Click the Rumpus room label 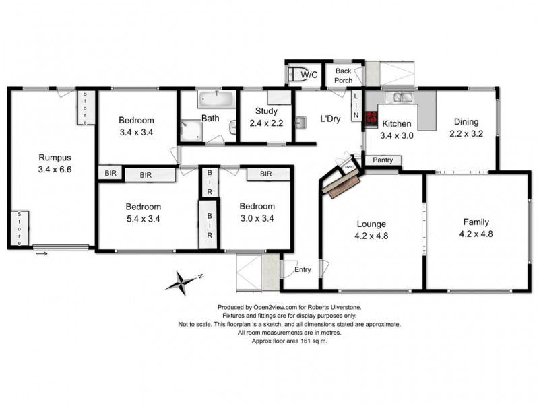[55, 158]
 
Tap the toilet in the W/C [294, 74]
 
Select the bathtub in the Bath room [216, 98]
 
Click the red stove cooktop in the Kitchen [371, 117]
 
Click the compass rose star [183, 283]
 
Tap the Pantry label [383, 160]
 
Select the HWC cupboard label [349, 167]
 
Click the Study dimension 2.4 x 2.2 [266, 123]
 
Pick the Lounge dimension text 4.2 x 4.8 [371, 236]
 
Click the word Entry [303, 270]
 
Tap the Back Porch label [344, 75]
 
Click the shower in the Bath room [191, 131]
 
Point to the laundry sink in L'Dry [300, 123]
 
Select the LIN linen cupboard [356, 106]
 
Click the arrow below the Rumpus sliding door [42, 254]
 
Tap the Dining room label [466, 122]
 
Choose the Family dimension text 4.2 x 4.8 [476, 234]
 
